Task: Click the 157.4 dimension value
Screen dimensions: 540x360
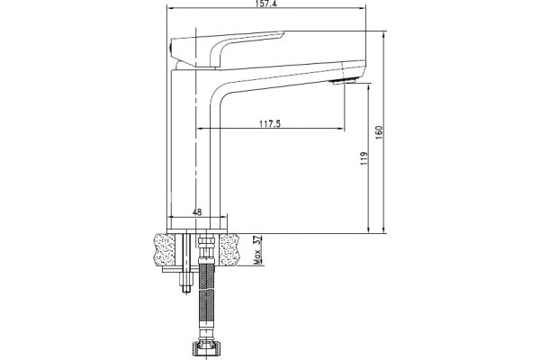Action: tap(266, 4)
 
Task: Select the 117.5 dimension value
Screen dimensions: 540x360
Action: tap(270, 123)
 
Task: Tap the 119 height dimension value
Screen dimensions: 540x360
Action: tap(364, 158)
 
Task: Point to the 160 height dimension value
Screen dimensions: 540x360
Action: tap(379, 132)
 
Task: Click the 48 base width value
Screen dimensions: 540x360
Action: tap(197, 212)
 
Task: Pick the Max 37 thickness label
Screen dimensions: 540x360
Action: tap(257, 250)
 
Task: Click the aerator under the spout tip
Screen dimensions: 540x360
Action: tap(344, 81)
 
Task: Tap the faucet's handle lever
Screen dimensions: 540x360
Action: tap(228, 49)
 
